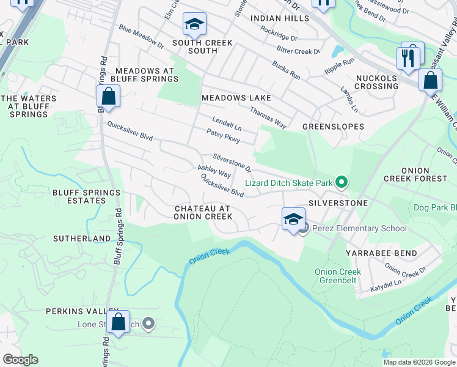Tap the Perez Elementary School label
359,229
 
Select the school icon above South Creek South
194,24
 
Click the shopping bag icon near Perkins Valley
118,323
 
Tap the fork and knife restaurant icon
407,58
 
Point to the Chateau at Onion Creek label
202,212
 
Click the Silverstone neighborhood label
338,202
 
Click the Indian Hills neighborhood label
280,19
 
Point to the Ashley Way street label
214,171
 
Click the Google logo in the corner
20,360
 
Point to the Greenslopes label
333,127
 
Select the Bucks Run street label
286,70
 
